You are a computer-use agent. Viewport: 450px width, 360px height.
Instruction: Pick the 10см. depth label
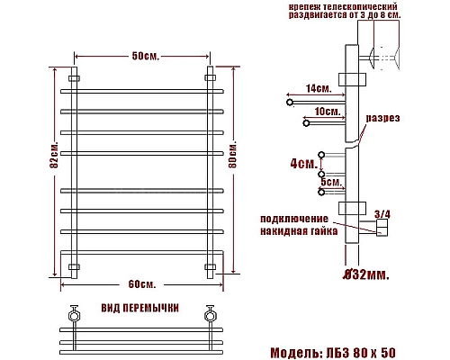pos(328,112)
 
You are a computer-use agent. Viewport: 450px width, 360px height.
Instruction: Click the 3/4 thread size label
pos(382,213)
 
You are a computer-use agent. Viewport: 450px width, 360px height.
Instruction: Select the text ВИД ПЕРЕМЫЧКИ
pos(140,307)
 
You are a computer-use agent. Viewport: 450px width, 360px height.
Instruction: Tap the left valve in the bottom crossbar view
pos(73,315)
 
